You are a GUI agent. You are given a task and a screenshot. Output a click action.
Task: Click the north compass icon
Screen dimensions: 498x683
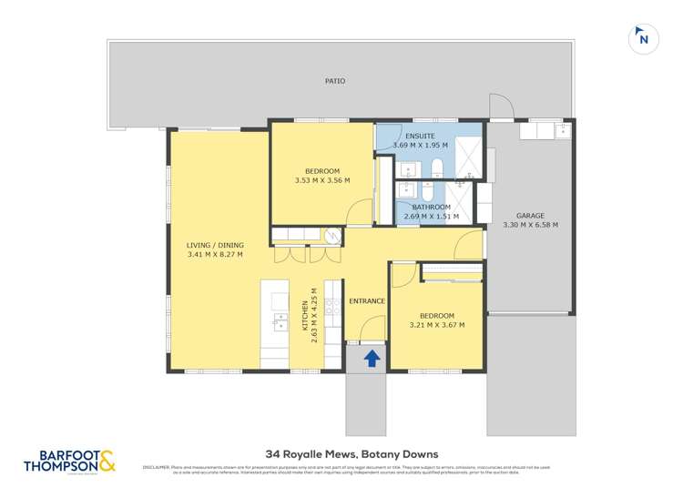point(644,38)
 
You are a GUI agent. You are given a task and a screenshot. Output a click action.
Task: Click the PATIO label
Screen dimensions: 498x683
point(335,81)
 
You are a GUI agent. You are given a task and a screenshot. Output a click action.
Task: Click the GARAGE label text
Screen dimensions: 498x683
point(530,216)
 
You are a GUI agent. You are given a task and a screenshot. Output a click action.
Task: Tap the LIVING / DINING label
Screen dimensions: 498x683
point(215,245)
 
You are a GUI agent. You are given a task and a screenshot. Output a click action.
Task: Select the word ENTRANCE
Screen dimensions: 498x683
point(367,300)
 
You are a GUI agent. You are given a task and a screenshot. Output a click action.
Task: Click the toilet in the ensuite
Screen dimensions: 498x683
point(437,165)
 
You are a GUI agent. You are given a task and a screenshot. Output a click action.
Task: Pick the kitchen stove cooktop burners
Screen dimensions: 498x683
point(332,310)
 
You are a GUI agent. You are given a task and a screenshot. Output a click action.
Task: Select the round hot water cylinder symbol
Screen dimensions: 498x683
point(332,235)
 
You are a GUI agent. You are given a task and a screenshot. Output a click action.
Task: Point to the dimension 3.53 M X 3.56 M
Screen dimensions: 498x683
point(322,180)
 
